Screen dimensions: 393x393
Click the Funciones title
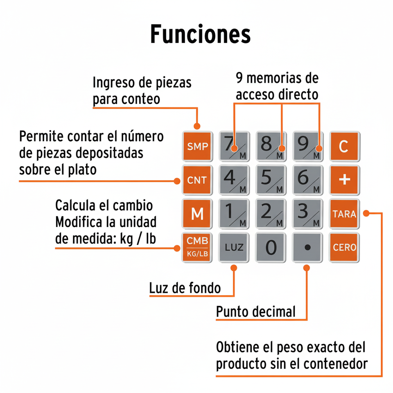(x=200, y=34)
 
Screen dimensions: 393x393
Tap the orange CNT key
(x=197, y=180)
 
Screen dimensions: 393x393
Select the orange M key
(x=197, y=214)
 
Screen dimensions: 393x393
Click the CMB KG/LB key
(x=197, y=247)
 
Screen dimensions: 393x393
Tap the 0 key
(x=271, y=247)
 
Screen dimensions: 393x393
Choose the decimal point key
(x=307, y=247)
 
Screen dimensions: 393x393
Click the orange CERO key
(x=344, y=247)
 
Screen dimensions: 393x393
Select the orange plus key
(x=344, y=180)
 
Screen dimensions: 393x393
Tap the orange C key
(x=344, y=146)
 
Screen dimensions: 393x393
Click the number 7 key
(x=234, y=146)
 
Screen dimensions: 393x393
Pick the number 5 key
(x=271, y=180)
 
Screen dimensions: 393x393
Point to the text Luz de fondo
(x=185, y=288)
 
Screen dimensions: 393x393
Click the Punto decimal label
(x=255, y=312)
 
